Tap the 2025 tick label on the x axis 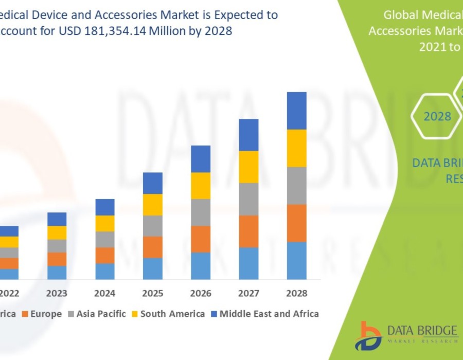tap(152, 293)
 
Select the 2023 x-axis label tap(57, 293)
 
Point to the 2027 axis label tap(248, 293)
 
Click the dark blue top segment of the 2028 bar tap(296, 111)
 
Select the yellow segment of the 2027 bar tap(248, 167)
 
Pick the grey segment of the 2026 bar tap(201, 212)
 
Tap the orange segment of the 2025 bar tap(153, 247)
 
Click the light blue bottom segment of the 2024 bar tap(105, 271)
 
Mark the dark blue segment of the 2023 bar tap(57, 219)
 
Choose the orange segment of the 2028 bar tap(296, 223)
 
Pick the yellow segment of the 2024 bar tap(105, 223)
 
